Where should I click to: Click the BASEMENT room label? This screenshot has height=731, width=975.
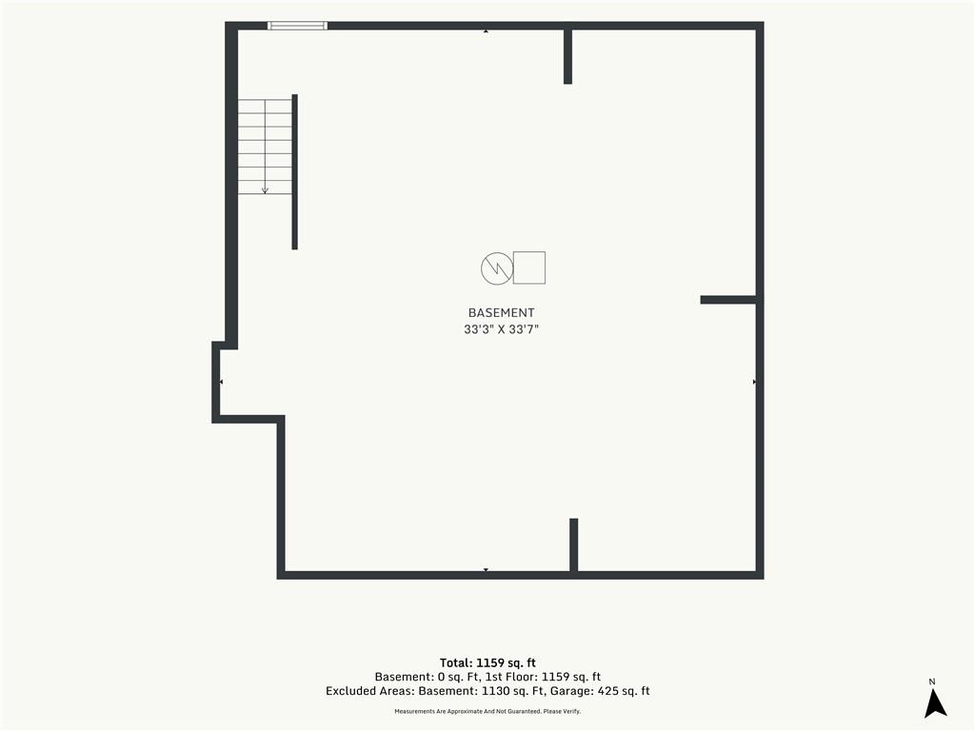pyautogui.click(x=501, y=312)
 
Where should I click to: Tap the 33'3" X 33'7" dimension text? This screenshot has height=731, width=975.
pyautogui.click(x=501, y=329)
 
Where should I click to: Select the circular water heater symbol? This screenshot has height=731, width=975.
pyautogui.click(x=497, y=268)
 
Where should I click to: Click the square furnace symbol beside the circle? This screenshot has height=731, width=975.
pyautogui.click(x=529, y=267)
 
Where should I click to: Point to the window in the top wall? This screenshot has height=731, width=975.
pyautogui.click(x=297, y=26)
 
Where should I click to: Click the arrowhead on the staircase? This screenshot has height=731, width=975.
pyautogui.click(x=265, y=190)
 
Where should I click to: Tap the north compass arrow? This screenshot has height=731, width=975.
pyautogui.click(x=935, y=703)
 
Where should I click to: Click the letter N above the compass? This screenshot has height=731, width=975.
pyautogui.click(x=932, y=682)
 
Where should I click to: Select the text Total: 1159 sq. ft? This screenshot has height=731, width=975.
pyautogui.click(x=487, y=662)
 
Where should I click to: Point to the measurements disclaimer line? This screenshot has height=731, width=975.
pyautogui.click(x=487, y=711)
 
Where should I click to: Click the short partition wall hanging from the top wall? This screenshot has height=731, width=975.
pyautogui.click(x=567, y=56)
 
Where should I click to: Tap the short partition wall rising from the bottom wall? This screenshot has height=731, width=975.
pyautogui.click(x=573, y=545)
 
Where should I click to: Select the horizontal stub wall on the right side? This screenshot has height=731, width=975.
pyautogui.click(x=728, y=300)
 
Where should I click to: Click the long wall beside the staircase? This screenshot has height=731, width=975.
pyautogui.click(x=295, y=172)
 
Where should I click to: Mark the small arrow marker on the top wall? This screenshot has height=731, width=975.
pyautogui.click(x=486, y=30)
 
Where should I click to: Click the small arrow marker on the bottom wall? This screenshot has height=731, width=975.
pyautogui.click(x=486, y=569)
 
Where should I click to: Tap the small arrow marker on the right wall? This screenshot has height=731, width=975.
pyautogui.click(x=754, y=382)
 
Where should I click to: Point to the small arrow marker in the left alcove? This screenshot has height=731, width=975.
pyautogui.click(x=221, y=382)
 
